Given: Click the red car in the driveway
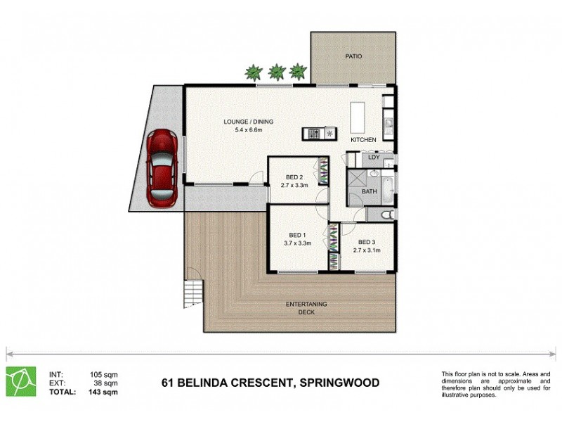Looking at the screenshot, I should (161, 167).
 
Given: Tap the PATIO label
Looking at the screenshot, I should (353, 56).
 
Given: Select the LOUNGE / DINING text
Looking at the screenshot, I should (248, 122).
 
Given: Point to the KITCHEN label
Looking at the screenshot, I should (364, 140).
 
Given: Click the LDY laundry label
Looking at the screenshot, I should (374, 157).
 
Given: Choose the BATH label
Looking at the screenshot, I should (369, 191).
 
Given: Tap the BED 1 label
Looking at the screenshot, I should (297, 235).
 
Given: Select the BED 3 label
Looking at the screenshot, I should (366, 242).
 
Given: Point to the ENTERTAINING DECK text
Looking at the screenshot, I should (306, 308).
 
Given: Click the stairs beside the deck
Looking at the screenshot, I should (192, 291).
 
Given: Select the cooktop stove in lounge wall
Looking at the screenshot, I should (320, 133).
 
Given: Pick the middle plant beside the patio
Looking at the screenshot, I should (277, 72).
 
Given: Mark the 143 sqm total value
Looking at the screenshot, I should (103, 392).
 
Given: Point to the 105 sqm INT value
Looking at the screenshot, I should (103, 375).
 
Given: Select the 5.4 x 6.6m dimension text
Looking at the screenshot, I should (248, 130).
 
